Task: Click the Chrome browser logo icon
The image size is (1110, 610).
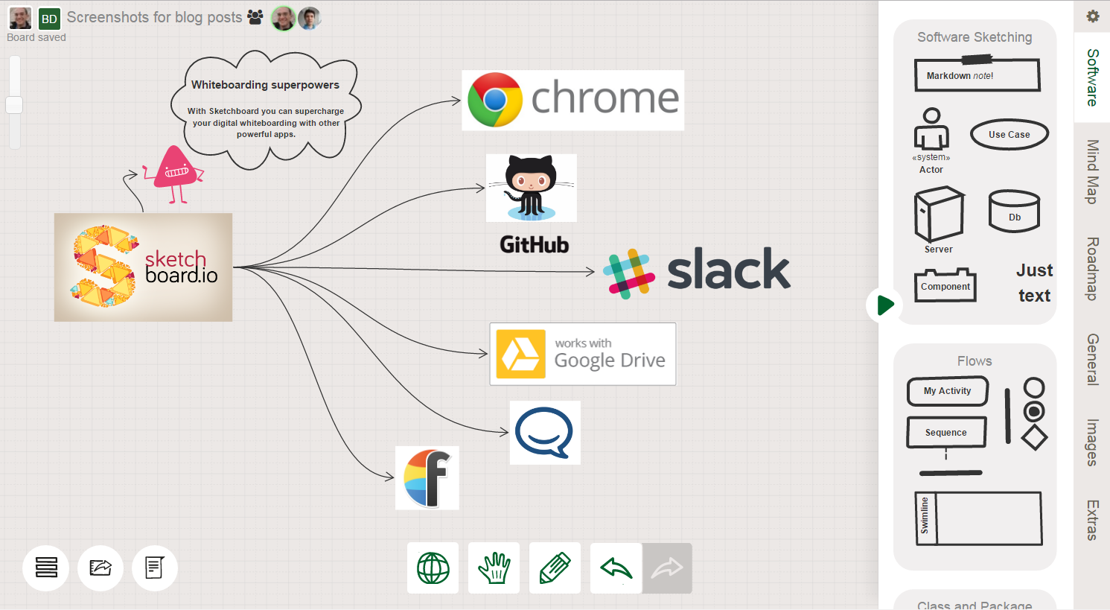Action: tap(494, 100)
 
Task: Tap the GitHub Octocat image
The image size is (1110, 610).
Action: tap(532, 188)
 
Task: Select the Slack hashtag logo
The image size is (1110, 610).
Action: tap(629, 274)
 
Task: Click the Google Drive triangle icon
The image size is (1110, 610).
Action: tap(521, 354)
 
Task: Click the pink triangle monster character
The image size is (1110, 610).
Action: tap(173, 174)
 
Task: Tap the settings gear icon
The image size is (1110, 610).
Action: tap(1093, 16)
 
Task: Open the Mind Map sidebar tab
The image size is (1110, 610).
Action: tap(1092, 171)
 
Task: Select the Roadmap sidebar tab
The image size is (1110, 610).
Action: tap(1092, 268)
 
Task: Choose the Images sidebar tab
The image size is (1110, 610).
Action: tap(1092, 442)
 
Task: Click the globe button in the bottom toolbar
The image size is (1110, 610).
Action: tap(433, 568)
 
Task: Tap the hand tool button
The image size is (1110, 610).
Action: tap(494, 568)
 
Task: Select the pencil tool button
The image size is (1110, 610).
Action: tap(555, 568)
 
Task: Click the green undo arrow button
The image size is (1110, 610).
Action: tap(616, 568)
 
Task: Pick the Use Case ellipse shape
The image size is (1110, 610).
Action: tap(1009, 134)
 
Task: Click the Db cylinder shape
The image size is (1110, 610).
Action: tap(1014, 212)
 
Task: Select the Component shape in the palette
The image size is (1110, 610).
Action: tap(945, 285)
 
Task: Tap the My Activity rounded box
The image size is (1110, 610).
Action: tap(948, 391)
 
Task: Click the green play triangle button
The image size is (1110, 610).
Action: tap(884, 305)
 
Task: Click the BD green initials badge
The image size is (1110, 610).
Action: tap(49, 19)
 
